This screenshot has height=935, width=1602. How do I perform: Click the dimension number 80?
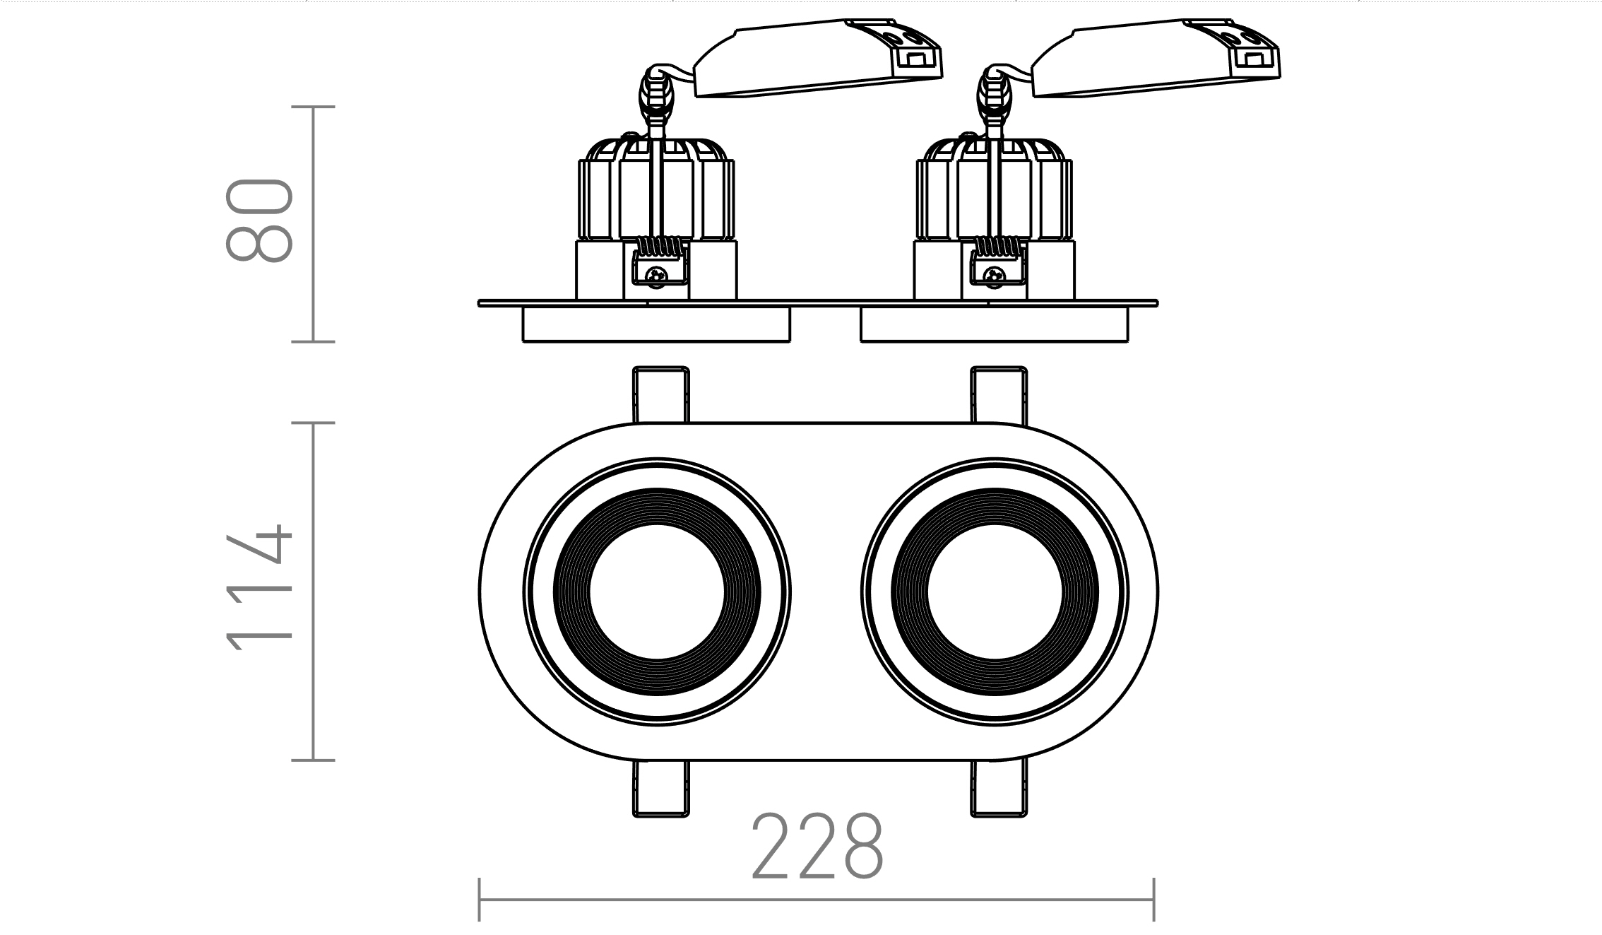click(259, 221)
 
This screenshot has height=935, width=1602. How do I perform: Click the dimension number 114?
click(259, 588)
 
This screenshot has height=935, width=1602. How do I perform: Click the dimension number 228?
click(817, 847)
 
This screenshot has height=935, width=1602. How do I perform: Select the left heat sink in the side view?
click(656, 191)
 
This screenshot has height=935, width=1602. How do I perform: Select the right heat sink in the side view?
click(994, 191)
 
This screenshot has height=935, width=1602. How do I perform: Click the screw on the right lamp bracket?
click(995, 275)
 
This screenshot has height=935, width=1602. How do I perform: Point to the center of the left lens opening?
click(657, 592)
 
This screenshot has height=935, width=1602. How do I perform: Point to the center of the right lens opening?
click(995, 592)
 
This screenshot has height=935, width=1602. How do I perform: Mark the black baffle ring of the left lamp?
click(657, 507)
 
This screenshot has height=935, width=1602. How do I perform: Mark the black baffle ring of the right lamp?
click(995, 507)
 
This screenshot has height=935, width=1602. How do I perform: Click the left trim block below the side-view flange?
click(656, 325)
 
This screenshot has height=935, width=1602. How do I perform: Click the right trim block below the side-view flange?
click(994, 325)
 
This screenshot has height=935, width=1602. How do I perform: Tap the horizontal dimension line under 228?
click(817, 900)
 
